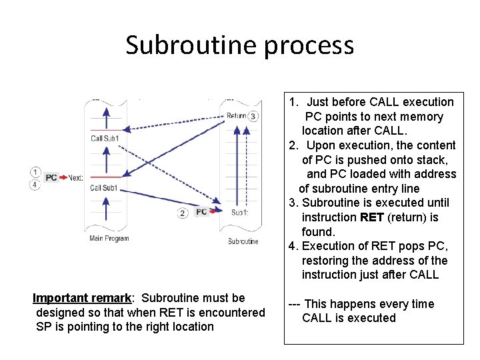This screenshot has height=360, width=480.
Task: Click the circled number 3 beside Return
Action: tap(253, 116)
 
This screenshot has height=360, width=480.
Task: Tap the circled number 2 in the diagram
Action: tap(183, 213)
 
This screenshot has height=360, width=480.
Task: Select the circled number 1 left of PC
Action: tap(35, 171)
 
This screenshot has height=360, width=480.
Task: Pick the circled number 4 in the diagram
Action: tap(35, 184)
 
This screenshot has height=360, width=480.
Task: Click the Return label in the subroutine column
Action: tap(236, 116)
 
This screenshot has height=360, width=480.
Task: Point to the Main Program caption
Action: tap(109, 238)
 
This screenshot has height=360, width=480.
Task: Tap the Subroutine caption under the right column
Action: tap(243, 241)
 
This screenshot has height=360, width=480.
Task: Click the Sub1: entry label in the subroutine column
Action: tap(239, 213)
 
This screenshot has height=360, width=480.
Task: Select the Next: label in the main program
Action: tap(75, 178)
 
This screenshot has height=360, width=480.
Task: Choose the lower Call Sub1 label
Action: tap(104, 188)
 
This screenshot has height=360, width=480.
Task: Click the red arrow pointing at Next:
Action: tap(63, 178)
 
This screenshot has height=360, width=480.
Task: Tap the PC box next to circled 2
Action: tap(201, 212)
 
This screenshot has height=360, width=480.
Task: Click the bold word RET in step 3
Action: tap(372, 217)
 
